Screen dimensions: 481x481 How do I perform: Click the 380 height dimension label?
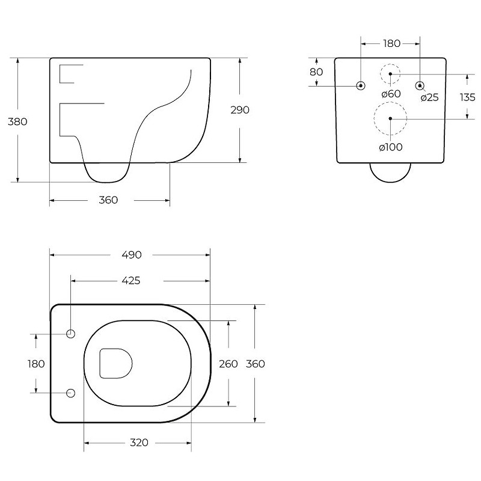pos(17,121)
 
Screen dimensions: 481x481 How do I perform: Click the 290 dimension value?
pos(240,110)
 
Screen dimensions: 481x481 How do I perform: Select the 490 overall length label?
pos(132,254)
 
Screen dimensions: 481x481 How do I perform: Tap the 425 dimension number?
pos(131,280)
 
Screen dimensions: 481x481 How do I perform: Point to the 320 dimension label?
pos(139,443)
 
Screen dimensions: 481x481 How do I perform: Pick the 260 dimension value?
pos(228,364)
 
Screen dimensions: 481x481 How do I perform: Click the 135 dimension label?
pos(468,97)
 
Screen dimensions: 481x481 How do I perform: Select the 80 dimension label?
pos(316,72)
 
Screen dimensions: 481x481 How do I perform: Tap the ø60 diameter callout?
pos(391,94)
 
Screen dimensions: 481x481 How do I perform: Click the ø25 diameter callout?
pos(429,97)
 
